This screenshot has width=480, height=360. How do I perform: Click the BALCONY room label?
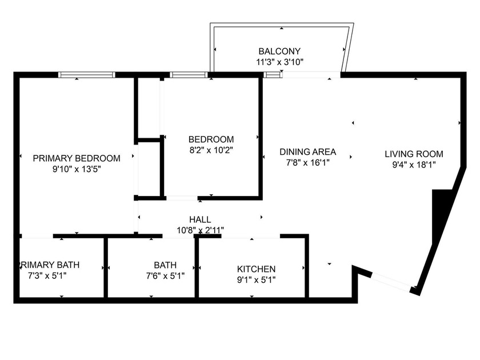[x=279, y=51]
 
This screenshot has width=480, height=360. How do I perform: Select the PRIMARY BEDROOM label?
[x=77, y=158]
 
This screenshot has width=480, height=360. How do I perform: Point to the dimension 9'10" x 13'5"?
[x=77, y=169]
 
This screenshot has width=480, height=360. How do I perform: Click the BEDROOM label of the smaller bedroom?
[x=211, y=139]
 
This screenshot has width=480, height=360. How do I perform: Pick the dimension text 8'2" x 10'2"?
[x=211, y=150]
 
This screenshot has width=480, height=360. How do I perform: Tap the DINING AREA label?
[x=307, y=152]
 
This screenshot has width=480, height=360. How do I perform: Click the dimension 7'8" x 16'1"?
[x=307, y=162]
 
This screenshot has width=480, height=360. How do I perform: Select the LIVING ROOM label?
[x=414, y=154]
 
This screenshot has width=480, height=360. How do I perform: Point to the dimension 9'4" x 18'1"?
[x=414, y=165]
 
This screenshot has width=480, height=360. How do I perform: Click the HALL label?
[x=200, y=219]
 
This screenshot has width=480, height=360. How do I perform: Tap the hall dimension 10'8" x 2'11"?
[x=200, y=230]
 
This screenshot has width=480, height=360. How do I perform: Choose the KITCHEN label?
[x=257, y=269]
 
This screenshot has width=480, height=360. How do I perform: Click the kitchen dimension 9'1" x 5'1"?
[x=257, y=279]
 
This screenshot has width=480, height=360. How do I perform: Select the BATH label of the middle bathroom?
[x=165, y=265]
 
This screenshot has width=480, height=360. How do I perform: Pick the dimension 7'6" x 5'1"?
[x=165, y=276]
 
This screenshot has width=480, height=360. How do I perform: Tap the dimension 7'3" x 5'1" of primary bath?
[x=51, y=276]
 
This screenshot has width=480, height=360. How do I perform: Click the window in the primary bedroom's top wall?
[x=87, y=74]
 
